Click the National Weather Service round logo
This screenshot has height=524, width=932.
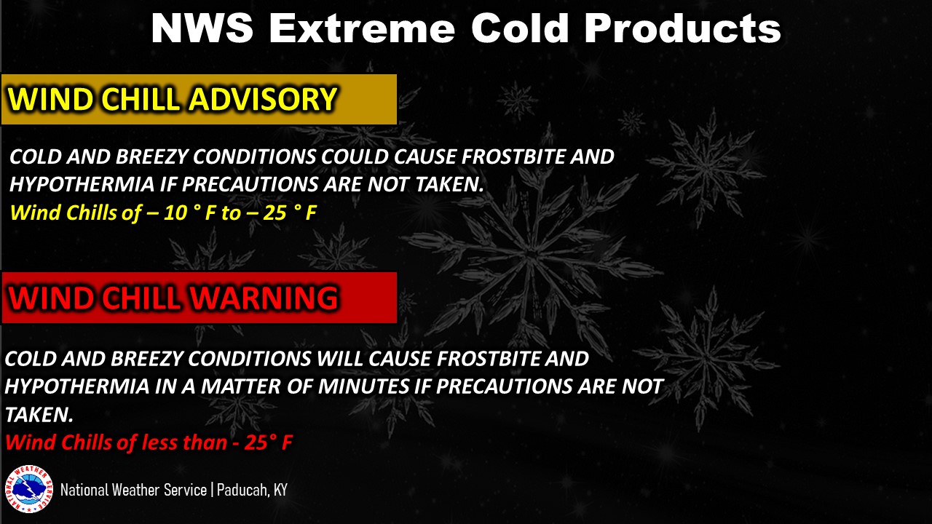point(28,489)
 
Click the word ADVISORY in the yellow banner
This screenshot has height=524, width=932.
point(263,99)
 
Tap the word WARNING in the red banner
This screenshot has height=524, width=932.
point(264,298)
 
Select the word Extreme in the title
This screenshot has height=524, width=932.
point(362,28)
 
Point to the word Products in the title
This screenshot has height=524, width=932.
point(682,28)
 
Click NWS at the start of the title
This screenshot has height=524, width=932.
point(202,28)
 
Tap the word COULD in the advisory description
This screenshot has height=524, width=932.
point(354,156)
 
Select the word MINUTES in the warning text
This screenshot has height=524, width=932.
point(364,386)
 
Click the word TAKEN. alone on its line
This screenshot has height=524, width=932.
point(39,415)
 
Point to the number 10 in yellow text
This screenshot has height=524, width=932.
point(175,213)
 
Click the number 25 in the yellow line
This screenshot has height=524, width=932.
point(275,213)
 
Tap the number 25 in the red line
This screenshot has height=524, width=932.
point(256,442)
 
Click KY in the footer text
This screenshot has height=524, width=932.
point(281,491)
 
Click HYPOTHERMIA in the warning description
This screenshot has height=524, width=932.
point(77,386)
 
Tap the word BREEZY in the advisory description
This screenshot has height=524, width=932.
point(151,156)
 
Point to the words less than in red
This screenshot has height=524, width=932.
point(184,442)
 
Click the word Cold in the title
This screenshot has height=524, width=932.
point(520,28)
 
